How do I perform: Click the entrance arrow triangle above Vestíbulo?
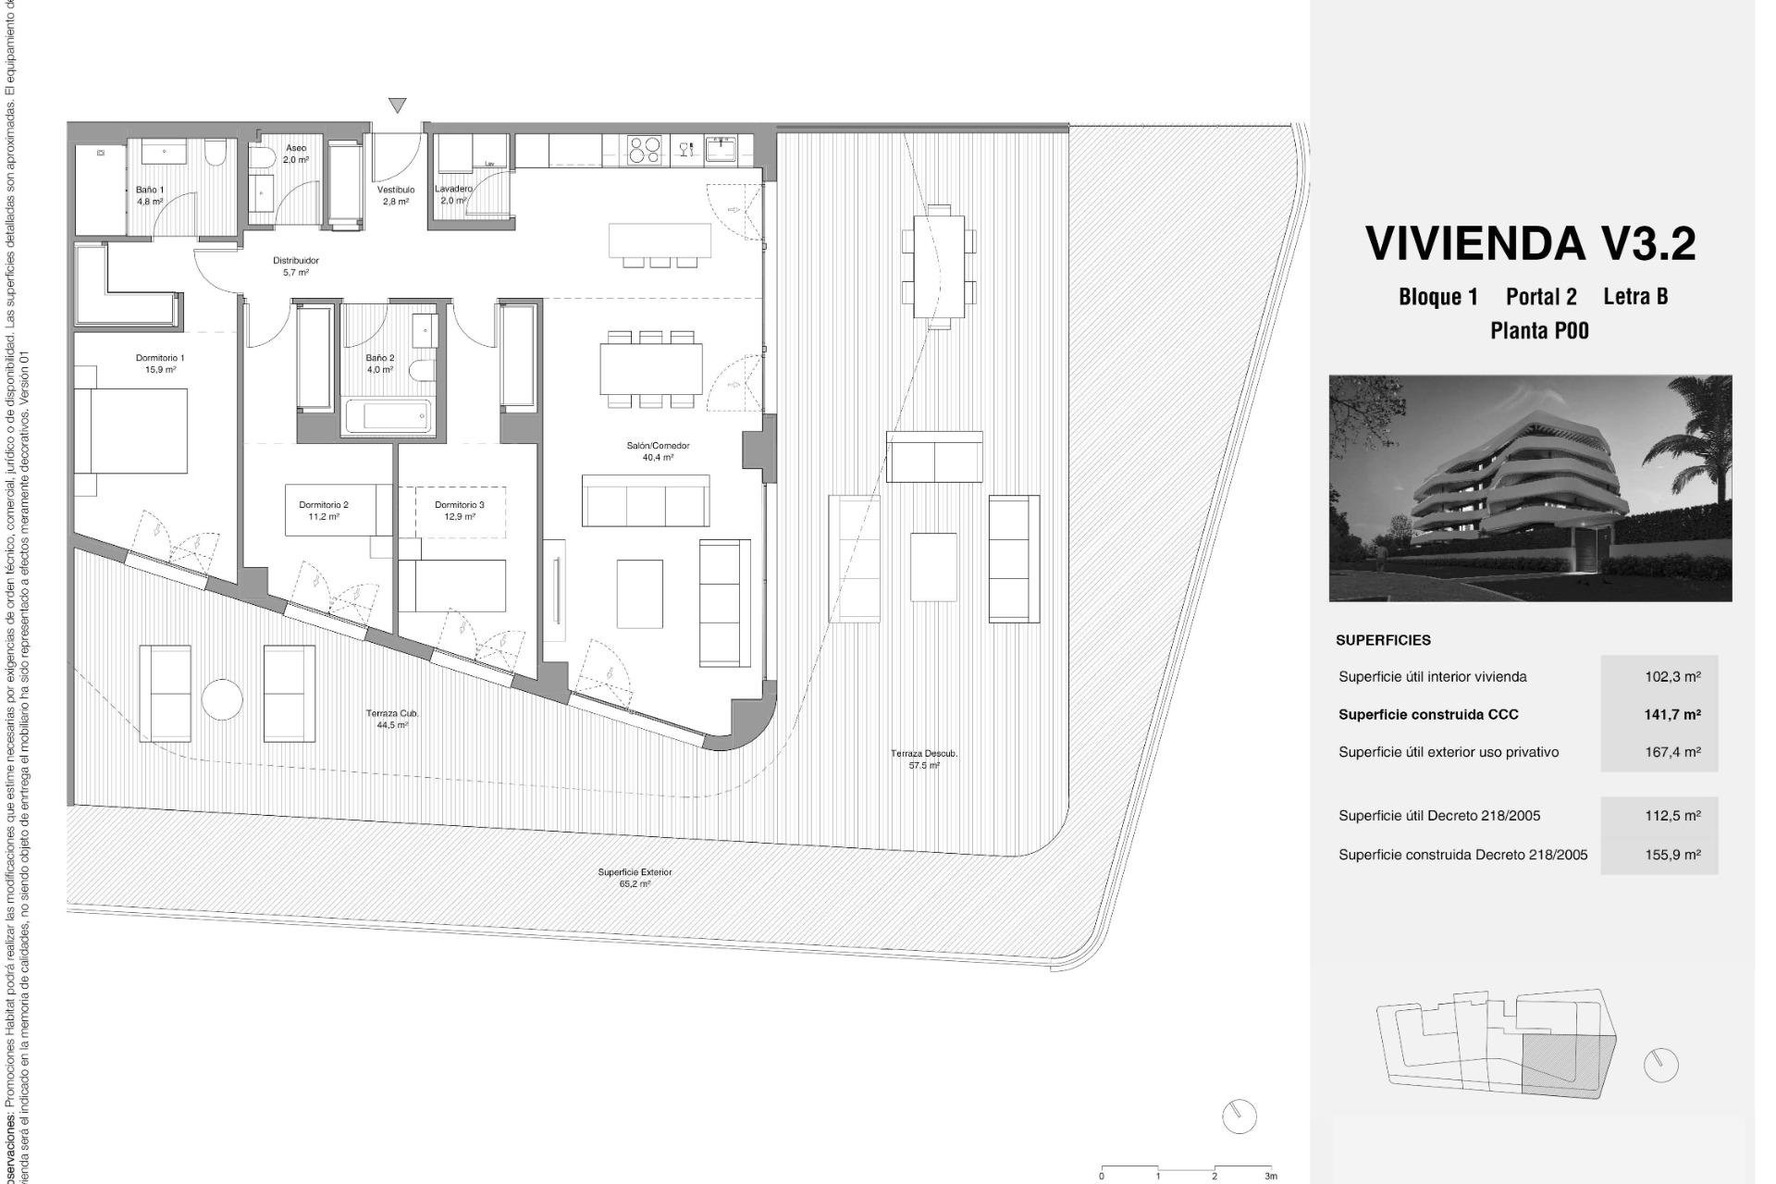pyautogui.click(x=398, y=105)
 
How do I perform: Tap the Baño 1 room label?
pyautogui.click(x=150, y=194)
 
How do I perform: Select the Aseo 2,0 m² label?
pyautogui.click(x=296, y=154)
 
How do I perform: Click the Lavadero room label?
pyautogui.click(x=453, y=194)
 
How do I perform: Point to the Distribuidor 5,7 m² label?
pyautogui.click(x=296, y=266)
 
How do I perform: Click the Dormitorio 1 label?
pyautogui.click(x=160, y=363)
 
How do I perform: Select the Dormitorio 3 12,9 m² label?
pyautogui.click(x=460, y=511)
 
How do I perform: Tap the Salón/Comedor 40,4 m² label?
pyautogui.click(x=658, y=451)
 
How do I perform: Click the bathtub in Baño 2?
pyautogui.click(x=388, y=416)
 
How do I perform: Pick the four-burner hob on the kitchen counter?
pyautogui.click(x=646, y=149)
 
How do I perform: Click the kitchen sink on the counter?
pyautogui.click(x=721, y=148)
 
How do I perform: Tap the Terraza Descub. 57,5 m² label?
pyautogui.click(x=924, y=759)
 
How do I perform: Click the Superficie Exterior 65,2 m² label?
pyautogui.click(x=635, y=878)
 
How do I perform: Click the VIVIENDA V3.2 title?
pyautogui.click(x=1531, y=243)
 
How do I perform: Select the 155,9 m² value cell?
pyautogui.click(x=1672, y=855)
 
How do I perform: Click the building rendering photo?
pyautogui.click(x=1530, y=487)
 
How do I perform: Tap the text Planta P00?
pyautogui.click(x=1539, y=330)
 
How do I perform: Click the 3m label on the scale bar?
pyautogui.click(x=1271, y=1177)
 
